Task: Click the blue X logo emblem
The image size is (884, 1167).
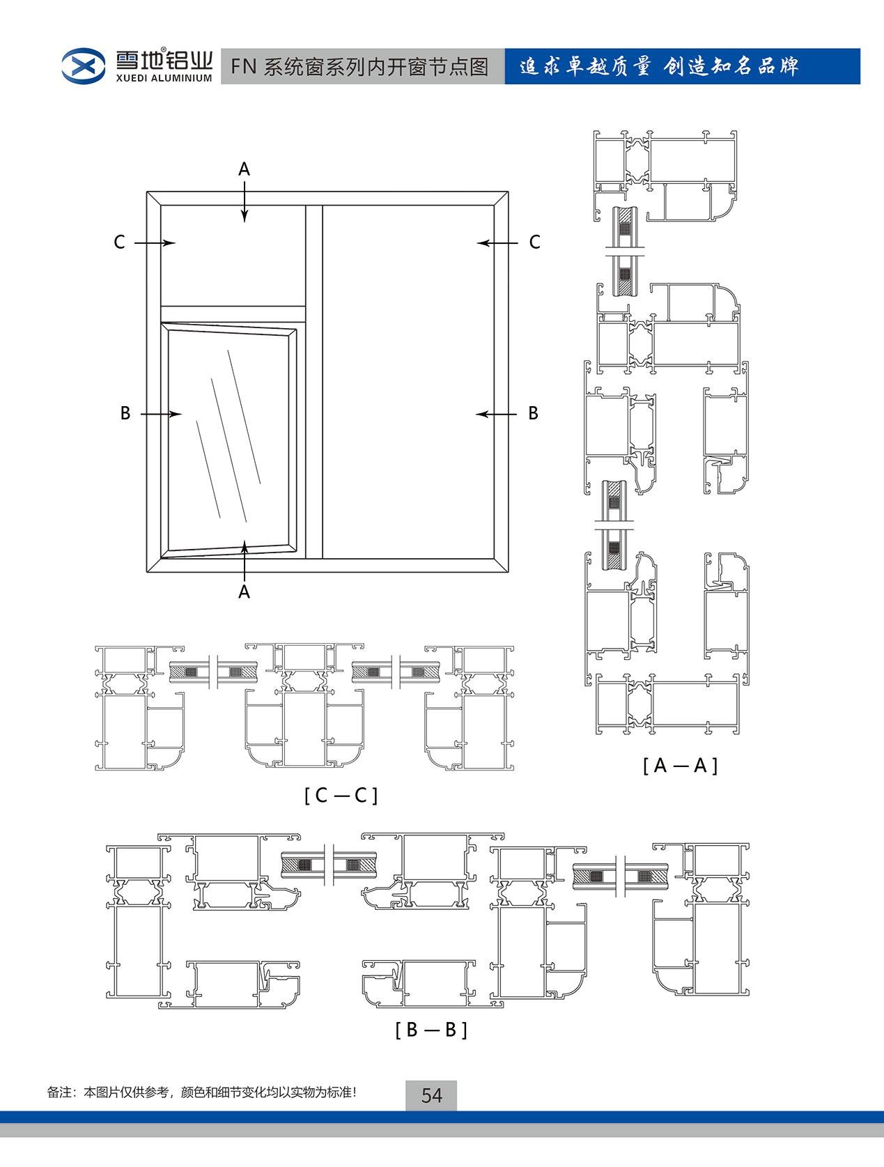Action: tap(83, 66)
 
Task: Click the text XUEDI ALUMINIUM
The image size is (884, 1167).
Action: tap(164, 78)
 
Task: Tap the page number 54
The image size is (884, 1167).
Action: tap(431, 1095)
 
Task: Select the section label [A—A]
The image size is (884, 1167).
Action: tap(680, 766)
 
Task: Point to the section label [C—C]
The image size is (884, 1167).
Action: tap(341, 796)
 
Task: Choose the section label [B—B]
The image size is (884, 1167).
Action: tap(431, 1030)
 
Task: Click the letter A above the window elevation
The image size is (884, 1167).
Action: tap(244, 169)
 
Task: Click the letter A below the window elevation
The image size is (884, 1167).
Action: tap(244, 592)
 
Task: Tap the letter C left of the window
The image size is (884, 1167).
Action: tap(120, 242)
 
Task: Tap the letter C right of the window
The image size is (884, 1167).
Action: tap(535, 242)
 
